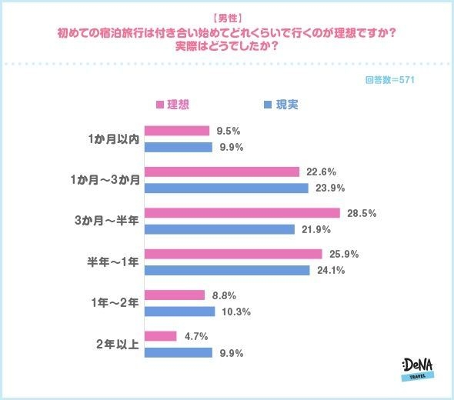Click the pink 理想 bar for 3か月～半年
(x=242, y=213)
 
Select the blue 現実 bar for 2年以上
(x=178, y=352)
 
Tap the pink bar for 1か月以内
(x=177, y=131)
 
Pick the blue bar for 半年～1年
(x=227, y=270)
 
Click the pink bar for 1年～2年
(x=175, y=295)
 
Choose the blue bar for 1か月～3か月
(x=226, y=188)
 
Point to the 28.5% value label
(x=361, y=213)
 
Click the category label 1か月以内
(x=112, y=138)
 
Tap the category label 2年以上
(x=117, y=345)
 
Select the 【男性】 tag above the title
(x=226, y=17)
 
